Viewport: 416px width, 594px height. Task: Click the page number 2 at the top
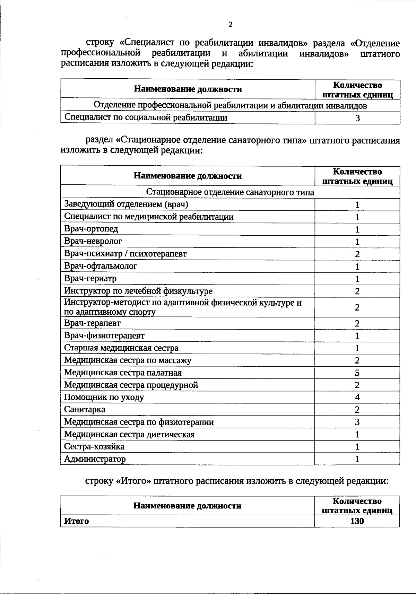pyautogui.click(x=231, y=24)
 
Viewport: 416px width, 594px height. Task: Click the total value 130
pyautogui.click(x=357, y=521)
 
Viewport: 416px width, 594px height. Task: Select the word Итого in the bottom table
pyautogui.click(x=77, y=521)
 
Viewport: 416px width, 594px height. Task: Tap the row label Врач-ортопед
pyautogui.click(x=91, y=229)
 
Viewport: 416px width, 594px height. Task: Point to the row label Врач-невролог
pyautogui.click(x=93, y=241)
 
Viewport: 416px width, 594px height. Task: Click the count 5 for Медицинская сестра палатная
pyautogui.click(x=357, y=373)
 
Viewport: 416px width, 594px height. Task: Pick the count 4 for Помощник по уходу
pyautogui.click(x=357, y=398)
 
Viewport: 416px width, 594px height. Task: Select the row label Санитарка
pyautogui.click(x=85, y=410)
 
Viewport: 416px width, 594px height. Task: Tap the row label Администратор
pyautogui.click(x=95, y=459)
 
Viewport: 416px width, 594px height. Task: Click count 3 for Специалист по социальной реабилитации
pyautogui.click(x=357, y=118)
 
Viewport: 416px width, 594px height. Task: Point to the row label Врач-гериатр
pyautogui.click(x=90, y=278)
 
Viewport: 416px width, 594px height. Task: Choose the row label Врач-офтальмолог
pyautogui.click(x=101, y=266)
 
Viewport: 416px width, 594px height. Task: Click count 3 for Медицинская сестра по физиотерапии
pyautogui.click(x=357, y=422)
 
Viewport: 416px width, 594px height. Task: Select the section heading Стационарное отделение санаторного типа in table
pyautogui.click(x=230, y=192)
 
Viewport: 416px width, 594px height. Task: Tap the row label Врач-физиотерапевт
pyautogui.click(x=104, y=335)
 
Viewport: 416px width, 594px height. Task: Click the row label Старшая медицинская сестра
pyautogui.click(x=121, y=348)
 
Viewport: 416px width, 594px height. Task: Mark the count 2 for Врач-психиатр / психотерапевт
pyautogui.click(x=357, y=254)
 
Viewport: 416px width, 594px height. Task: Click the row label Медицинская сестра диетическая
pyautogui.click(x=129, y=435)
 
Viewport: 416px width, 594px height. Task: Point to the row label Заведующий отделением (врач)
pyautogui.click(x=126, y=204)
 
